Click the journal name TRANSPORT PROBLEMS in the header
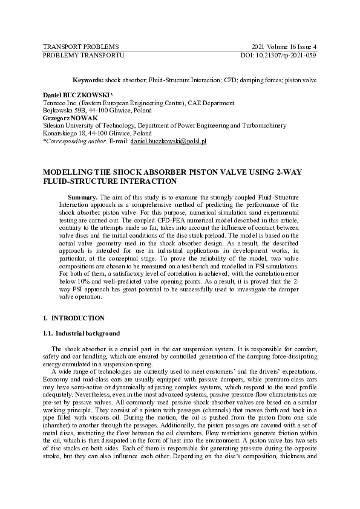80,47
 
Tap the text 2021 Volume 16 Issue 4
284,47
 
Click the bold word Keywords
88,80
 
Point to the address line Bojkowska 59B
64,111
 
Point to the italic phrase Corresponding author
76,141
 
